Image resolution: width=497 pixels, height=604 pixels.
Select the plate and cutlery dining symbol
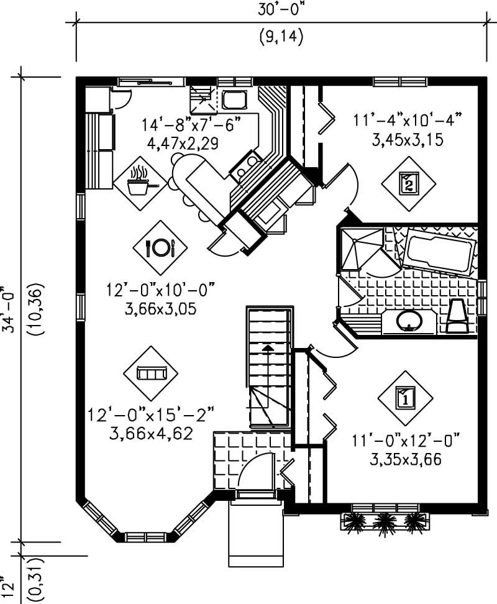pos(160,247)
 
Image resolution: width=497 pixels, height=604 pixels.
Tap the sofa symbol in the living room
pos(151,373)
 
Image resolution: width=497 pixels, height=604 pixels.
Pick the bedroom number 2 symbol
pos(408,183)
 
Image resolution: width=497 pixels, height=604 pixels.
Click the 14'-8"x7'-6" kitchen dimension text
pos(191,125)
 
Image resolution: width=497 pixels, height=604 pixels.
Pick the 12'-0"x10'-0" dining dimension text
pos(160,290)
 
